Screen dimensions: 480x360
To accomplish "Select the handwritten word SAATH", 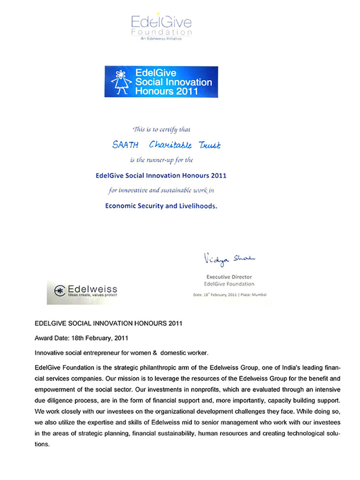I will (124, 144).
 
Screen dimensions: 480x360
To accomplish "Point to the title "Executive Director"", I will (229, 277).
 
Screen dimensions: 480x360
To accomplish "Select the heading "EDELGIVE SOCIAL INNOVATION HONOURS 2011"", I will (108, 324).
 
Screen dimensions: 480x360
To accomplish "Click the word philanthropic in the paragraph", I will (146, 368).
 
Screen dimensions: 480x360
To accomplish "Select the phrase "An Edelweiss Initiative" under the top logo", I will (161, 39).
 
